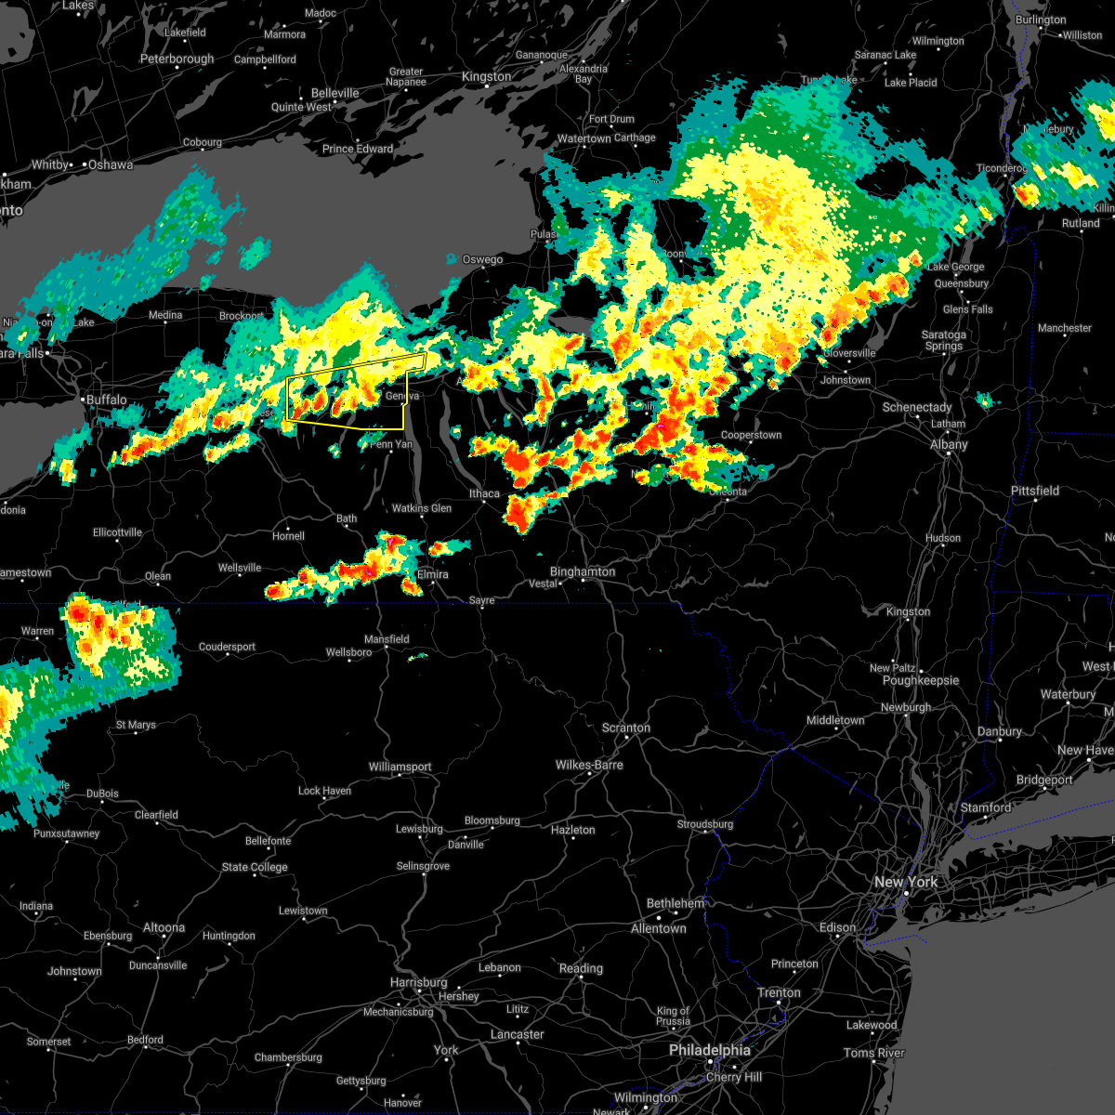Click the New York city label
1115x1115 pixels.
[x=906, y=882]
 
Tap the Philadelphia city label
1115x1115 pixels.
[x=711, y=1050]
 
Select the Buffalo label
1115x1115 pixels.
[x=106, y=400]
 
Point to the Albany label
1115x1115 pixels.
[x=949, y=445]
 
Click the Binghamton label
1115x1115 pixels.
[x=583, y=571]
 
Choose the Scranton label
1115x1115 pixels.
[x=625, y=728]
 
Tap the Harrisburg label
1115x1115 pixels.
[x=418, y=982]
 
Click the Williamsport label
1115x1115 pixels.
[x=400, y=767]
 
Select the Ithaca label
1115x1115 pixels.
[x=484, y=493]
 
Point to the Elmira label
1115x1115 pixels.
[x=432, y=574]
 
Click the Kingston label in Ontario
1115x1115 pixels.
[x=487, y=76]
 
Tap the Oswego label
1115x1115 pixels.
[x=482, y=259]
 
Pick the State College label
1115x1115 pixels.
[x=255, y=867]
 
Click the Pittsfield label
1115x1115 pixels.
[x=1035, y=491]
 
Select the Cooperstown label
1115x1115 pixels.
[x=751, y=435]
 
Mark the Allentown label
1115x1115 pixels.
[x=658, y=928]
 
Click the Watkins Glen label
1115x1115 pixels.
[x=422, y=508]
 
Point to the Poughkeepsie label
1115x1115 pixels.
[x=920, y=680]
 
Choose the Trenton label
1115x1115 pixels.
[x=779, y=992]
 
